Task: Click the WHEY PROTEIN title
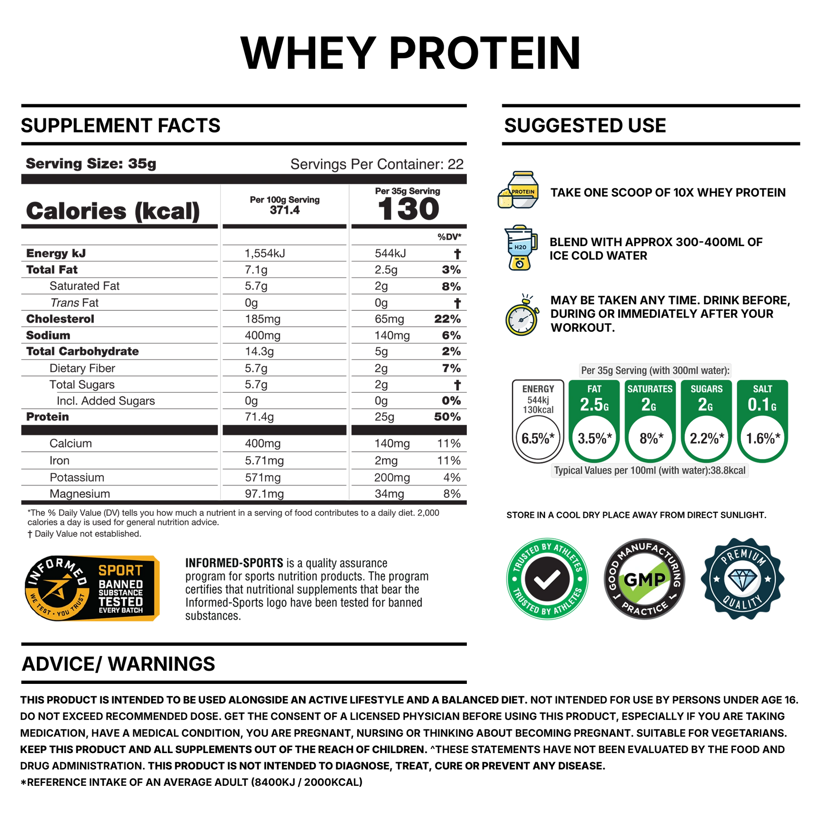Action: pyautogui.click(x=410, y=53)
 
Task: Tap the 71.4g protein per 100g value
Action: pyautogui.click(x=259, y=417)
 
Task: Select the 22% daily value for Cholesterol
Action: pyautogui.click(x=447, y=319)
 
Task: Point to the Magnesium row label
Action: pyautogui.click(x=80, y=494)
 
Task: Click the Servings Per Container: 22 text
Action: pyautogui.click(x=377, y=164)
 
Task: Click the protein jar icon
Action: pyautogui.click(x=519, y=190)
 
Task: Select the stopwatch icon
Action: pyautogui.click(x=522, y=315)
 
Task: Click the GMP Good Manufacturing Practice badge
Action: pyautogui.click(x=645, y=579)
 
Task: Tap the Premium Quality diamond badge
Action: pyautogui.click(x=743, y=579)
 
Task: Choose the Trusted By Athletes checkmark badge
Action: pyautogui.click(x=547, y=579)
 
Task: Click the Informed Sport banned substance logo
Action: pyautogui.click(x=92, y=588)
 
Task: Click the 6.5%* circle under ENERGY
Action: pyautogui.click(x=538, y=438)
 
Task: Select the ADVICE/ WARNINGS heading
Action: pyautogui.click(x=118, y=664)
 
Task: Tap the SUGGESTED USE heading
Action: pyautogui.click(x=585, y=126)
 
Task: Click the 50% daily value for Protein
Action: pyautogui.click(x=447, y=417)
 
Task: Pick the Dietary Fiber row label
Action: pyautogui.click(x=82, y=368)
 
